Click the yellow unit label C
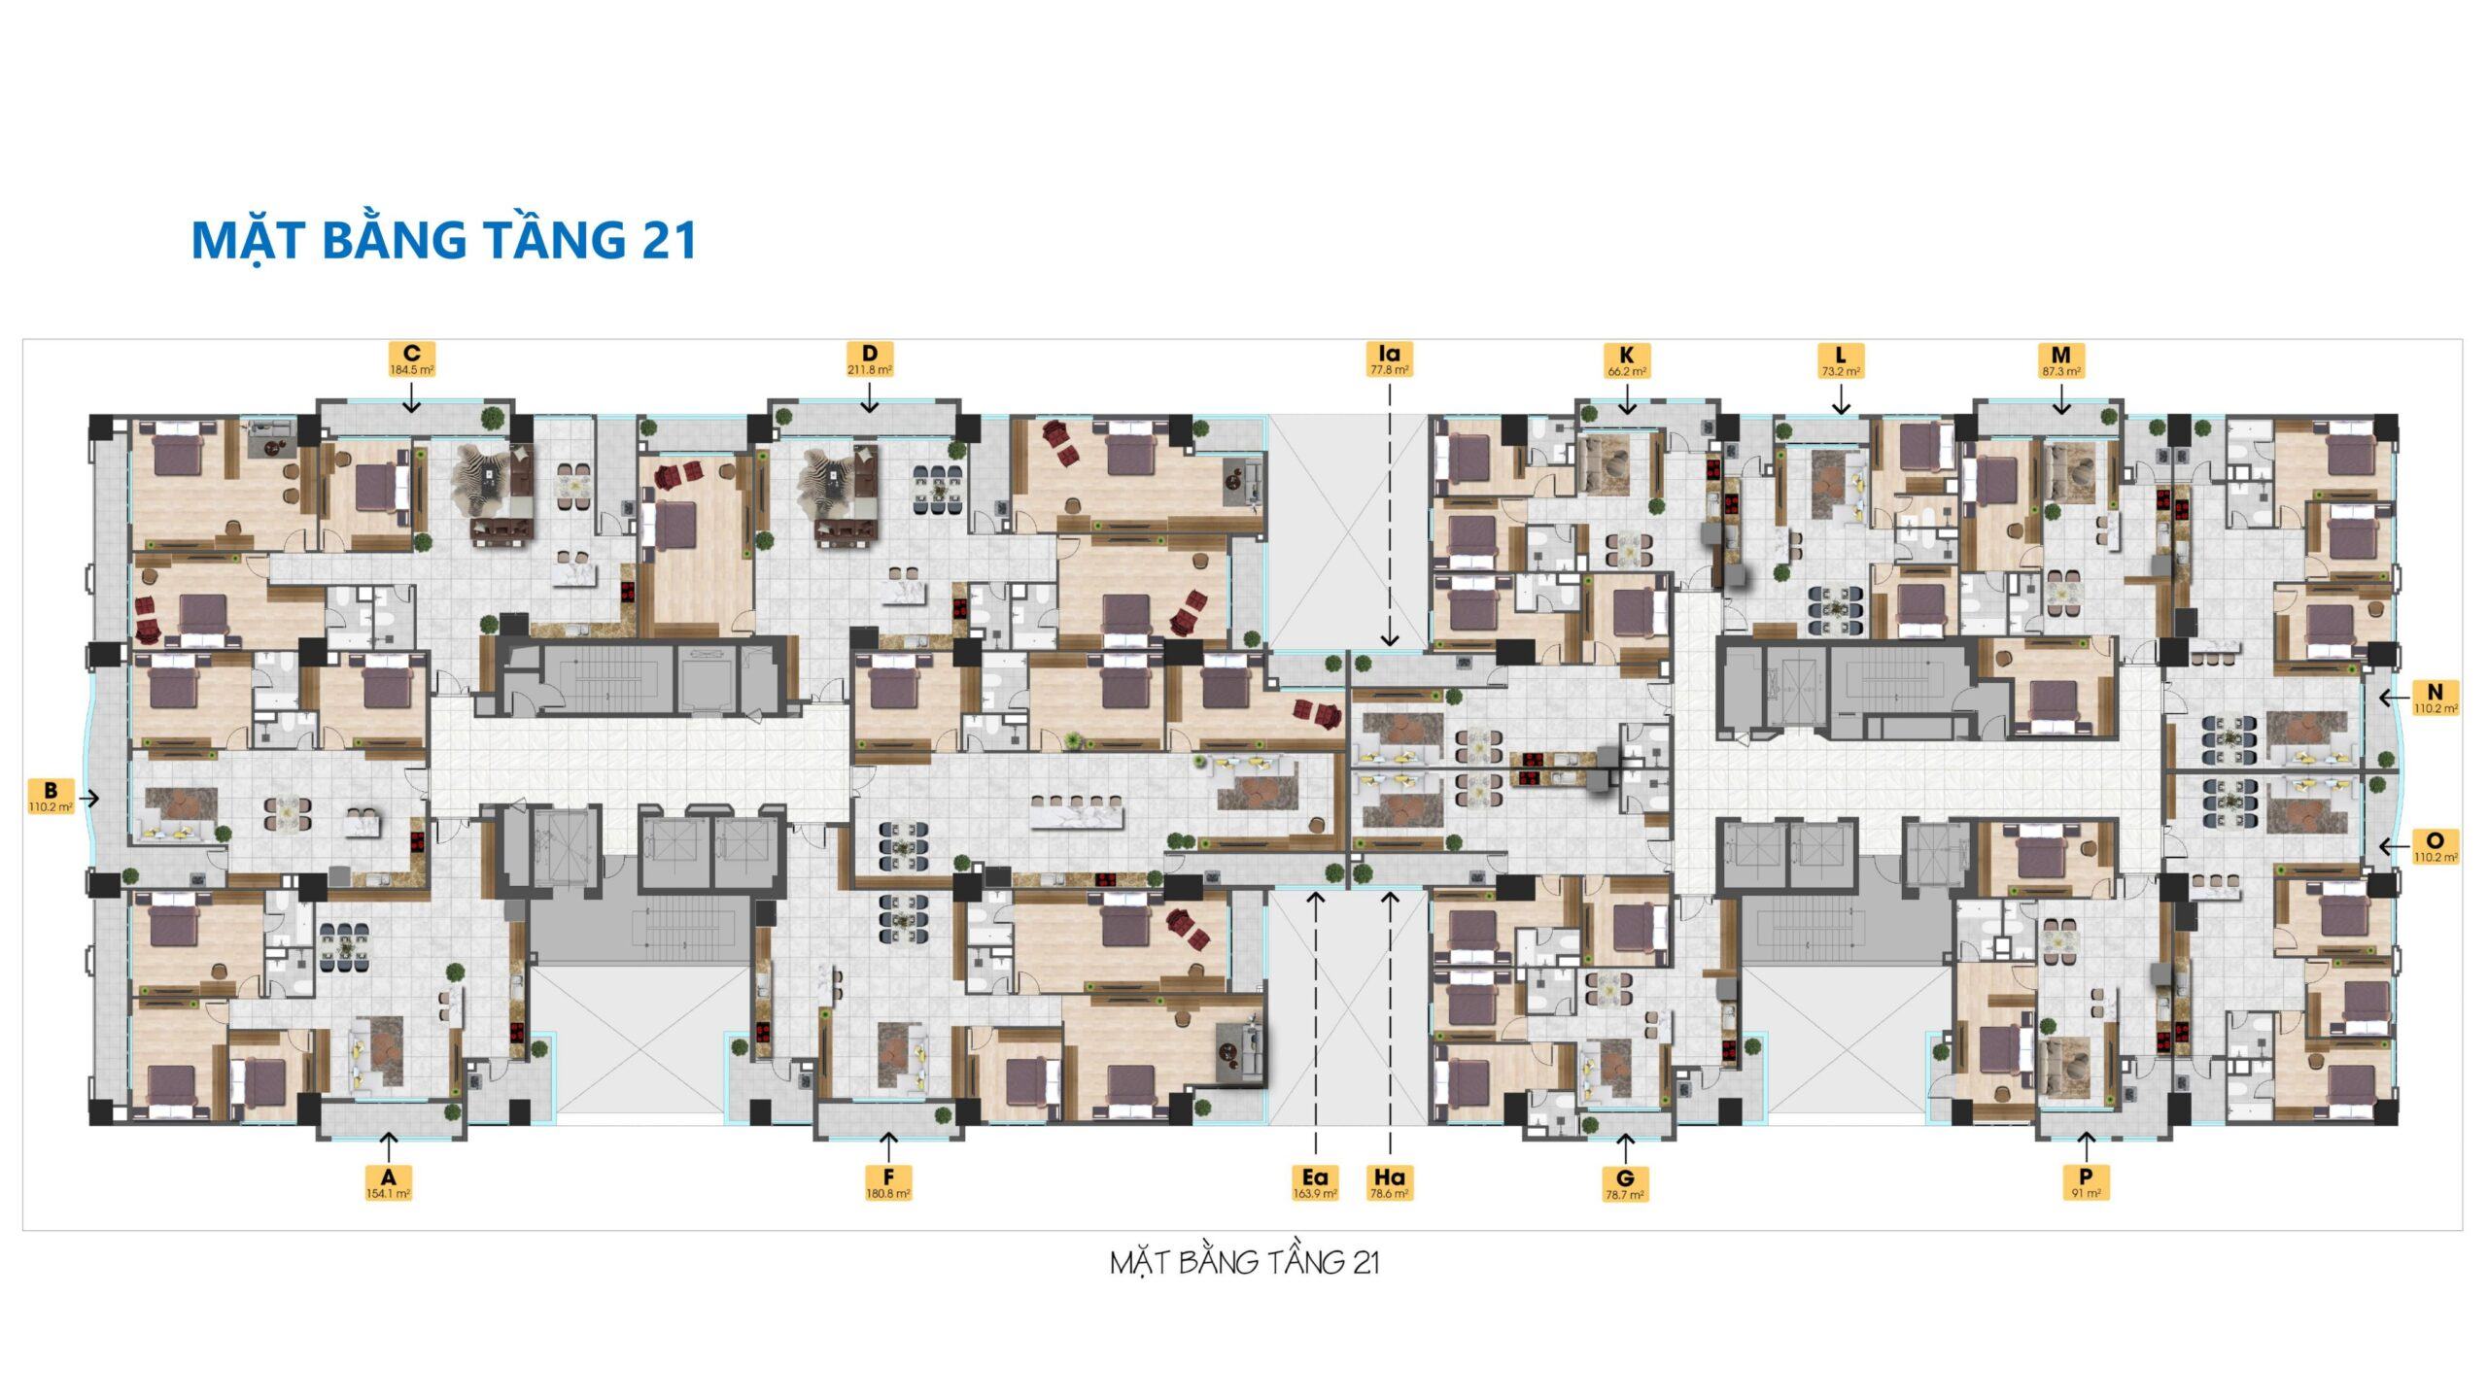[x=411, y=358]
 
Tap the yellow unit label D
[x=870, y=358]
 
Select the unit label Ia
[x=1390, y=358]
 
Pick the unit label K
[x=1627, y=359]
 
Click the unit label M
[x=2060, y=359]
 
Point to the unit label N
[x=2435, y=698]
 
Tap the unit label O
[x=2435, y=846]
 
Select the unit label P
[x=2086, y=1182]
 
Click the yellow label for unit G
[x=1627, y=1185]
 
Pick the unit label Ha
[x=1390, y=1182]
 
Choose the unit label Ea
[x=1315, y=1182]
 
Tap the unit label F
[x=888, y=1182]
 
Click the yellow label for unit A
[x=388, y=1182]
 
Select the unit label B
[x=51, y=797]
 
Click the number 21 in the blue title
[x=669, y=240]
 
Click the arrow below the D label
[x=870, y=395]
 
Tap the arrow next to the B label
[x=88, y=799]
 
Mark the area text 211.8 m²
[x=870, y=370]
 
